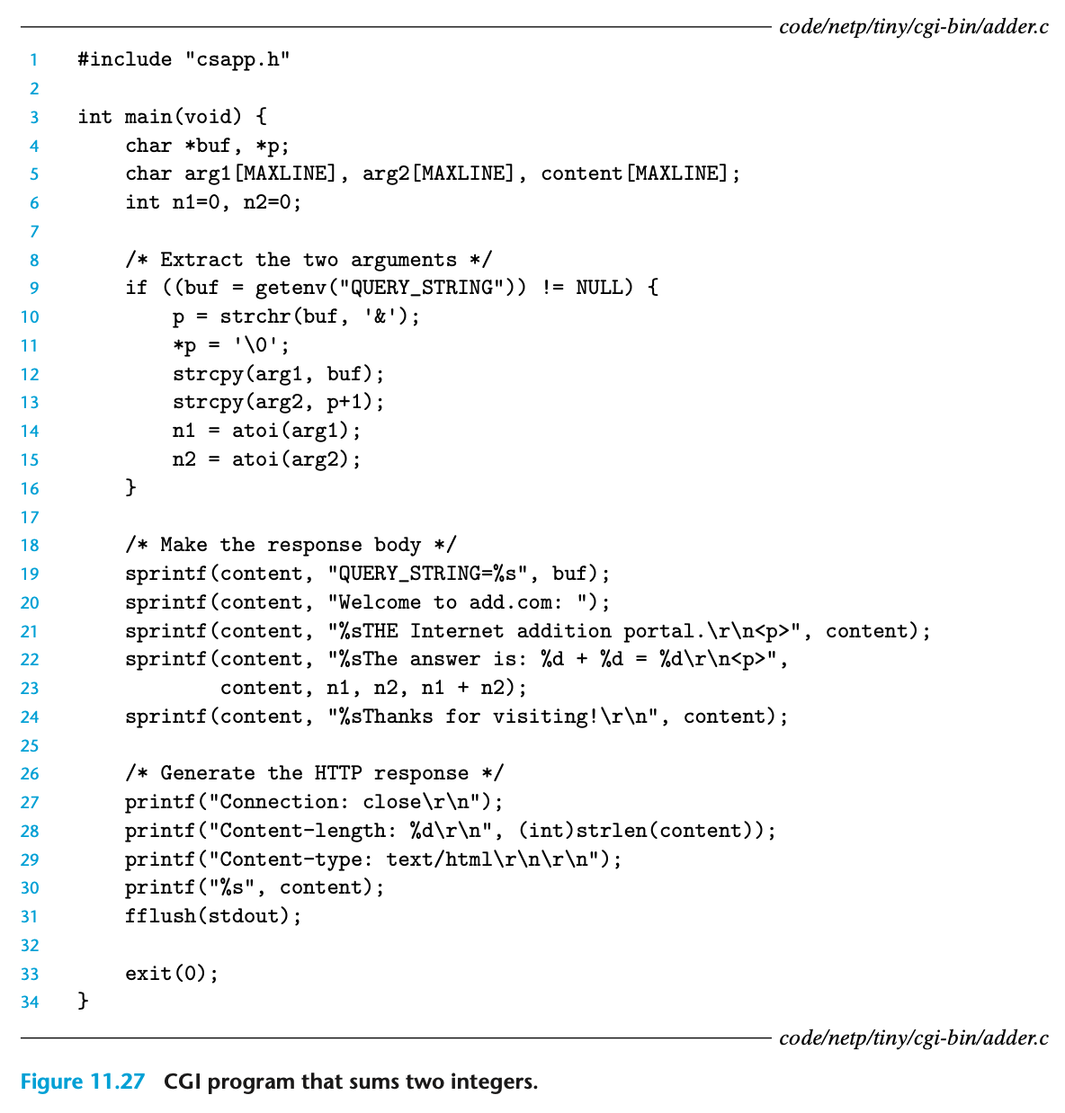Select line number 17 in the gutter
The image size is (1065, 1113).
pos(30,517)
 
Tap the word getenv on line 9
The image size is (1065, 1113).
pos(291,288)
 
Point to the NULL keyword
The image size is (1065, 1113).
pos(599,288)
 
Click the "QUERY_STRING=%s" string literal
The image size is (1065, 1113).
pos(434,574)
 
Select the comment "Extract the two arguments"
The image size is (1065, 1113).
pos(309,260)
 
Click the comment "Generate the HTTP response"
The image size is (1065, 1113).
pos(315,773)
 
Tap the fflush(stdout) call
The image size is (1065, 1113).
pos(213,916)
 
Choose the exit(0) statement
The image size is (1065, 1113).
pos(172,974)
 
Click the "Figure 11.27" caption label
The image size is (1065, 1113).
pos(82,1081)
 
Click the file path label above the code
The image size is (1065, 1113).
pos(913,26)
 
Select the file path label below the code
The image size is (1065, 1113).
pos(913,1038)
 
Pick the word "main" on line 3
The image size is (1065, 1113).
pos(148,117)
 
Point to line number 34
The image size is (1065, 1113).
pos(30,1002)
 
